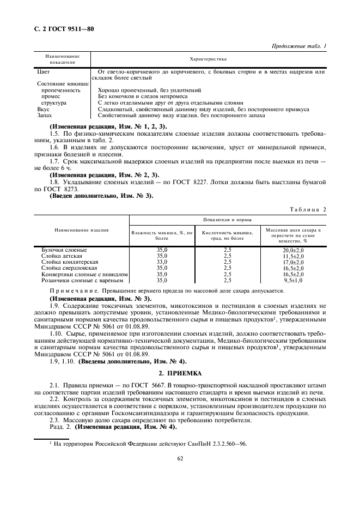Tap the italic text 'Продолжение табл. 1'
(x=298, y=46)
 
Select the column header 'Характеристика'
(x=208, y=59)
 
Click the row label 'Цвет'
(x=43, y=72)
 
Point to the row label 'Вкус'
(x=43, y=109)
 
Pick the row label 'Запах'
(x=45, y=116)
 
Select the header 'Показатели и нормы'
(x=227, y=220)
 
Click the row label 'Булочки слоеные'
(x=64, y=250)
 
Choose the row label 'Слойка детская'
(x=62, y=256)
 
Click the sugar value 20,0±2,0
(x=293, y=250)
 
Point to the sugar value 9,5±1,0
(x=293, y=280)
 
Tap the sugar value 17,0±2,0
(x=293, y=262)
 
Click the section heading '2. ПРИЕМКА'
(x=180, y=373)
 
